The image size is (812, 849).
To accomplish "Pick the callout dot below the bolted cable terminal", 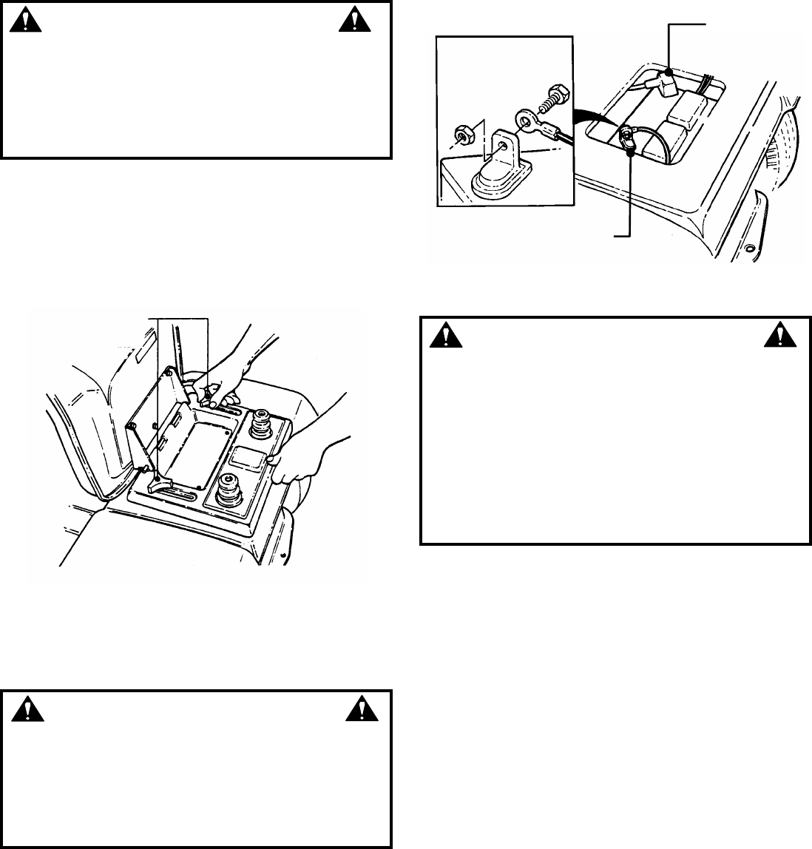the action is (x=629, y=153).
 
